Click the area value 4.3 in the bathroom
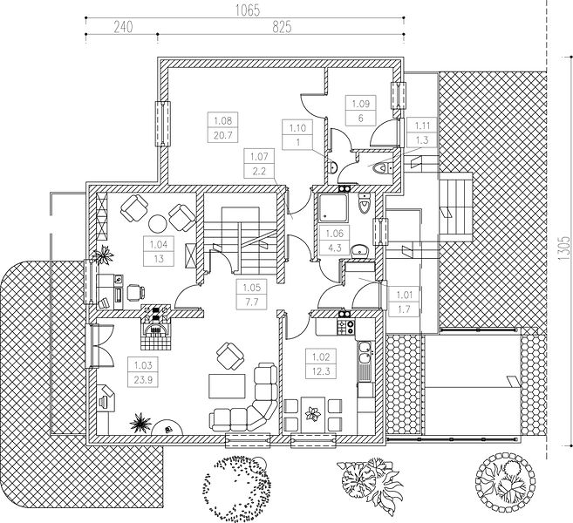click(x=336, y=246)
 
